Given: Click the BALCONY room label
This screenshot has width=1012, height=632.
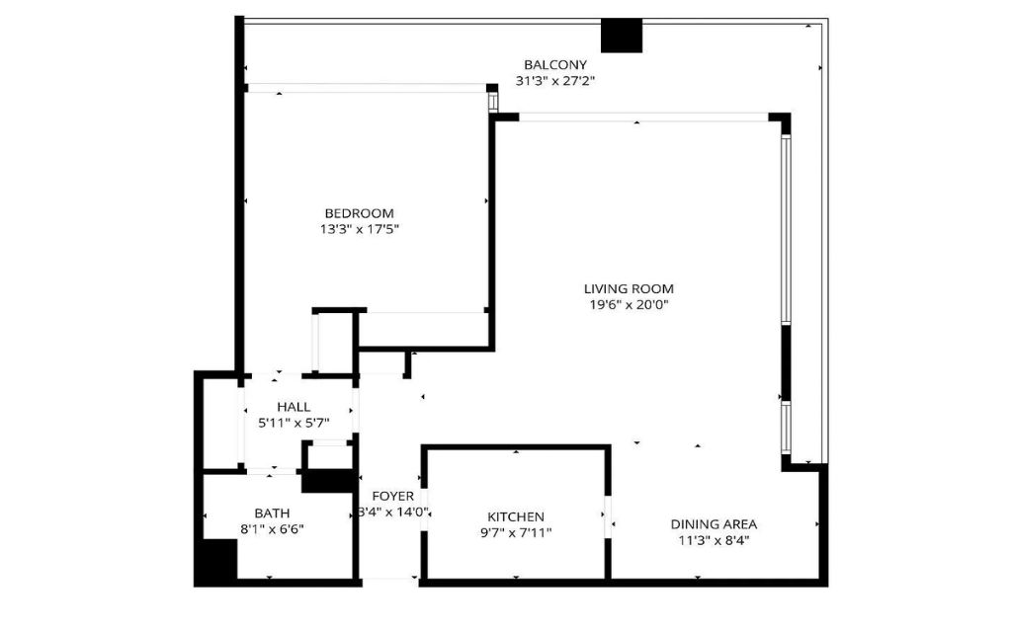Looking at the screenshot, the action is (x=555, y=64).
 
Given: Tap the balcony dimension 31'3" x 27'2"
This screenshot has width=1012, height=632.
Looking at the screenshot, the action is (x=555, y=81).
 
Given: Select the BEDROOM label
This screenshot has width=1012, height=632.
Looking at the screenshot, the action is (x=359, y=213).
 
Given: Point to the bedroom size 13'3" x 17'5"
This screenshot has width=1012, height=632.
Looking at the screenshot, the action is (x=359, y=229).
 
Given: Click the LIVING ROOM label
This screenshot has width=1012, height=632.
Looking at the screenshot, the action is (x=629, y=289).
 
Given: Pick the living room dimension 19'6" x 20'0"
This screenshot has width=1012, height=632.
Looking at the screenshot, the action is (x=629, y=305).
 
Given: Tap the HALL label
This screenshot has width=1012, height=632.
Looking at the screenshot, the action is (x=294, y=407).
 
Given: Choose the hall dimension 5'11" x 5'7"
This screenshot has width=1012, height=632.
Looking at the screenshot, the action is (x=294, y=423).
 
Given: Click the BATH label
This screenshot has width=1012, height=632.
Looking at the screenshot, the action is (x=272, y=513).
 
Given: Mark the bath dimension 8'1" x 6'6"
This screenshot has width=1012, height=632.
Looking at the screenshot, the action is (x=272, y=529).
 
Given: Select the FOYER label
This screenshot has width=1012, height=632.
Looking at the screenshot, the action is (x=393, y=497).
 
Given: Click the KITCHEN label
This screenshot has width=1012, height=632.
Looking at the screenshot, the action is (x=516, y=516).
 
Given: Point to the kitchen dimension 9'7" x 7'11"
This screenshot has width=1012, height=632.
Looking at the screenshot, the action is (x=516, y=532).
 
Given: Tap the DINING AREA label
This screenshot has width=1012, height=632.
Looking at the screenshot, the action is (x=714, y=524).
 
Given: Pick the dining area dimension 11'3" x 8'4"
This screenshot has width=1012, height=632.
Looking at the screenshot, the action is (x=714, y=540).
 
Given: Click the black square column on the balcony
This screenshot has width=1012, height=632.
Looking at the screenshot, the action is (x=622, y=36).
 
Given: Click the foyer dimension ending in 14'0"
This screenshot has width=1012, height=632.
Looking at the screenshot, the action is (x=393, y=513).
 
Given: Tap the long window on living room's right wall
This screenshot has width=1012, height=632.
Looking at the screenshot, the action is (x=786, y=229).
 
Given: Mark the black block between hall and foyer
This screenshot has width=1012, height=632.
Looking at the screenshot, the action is (x=329, y=481).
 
